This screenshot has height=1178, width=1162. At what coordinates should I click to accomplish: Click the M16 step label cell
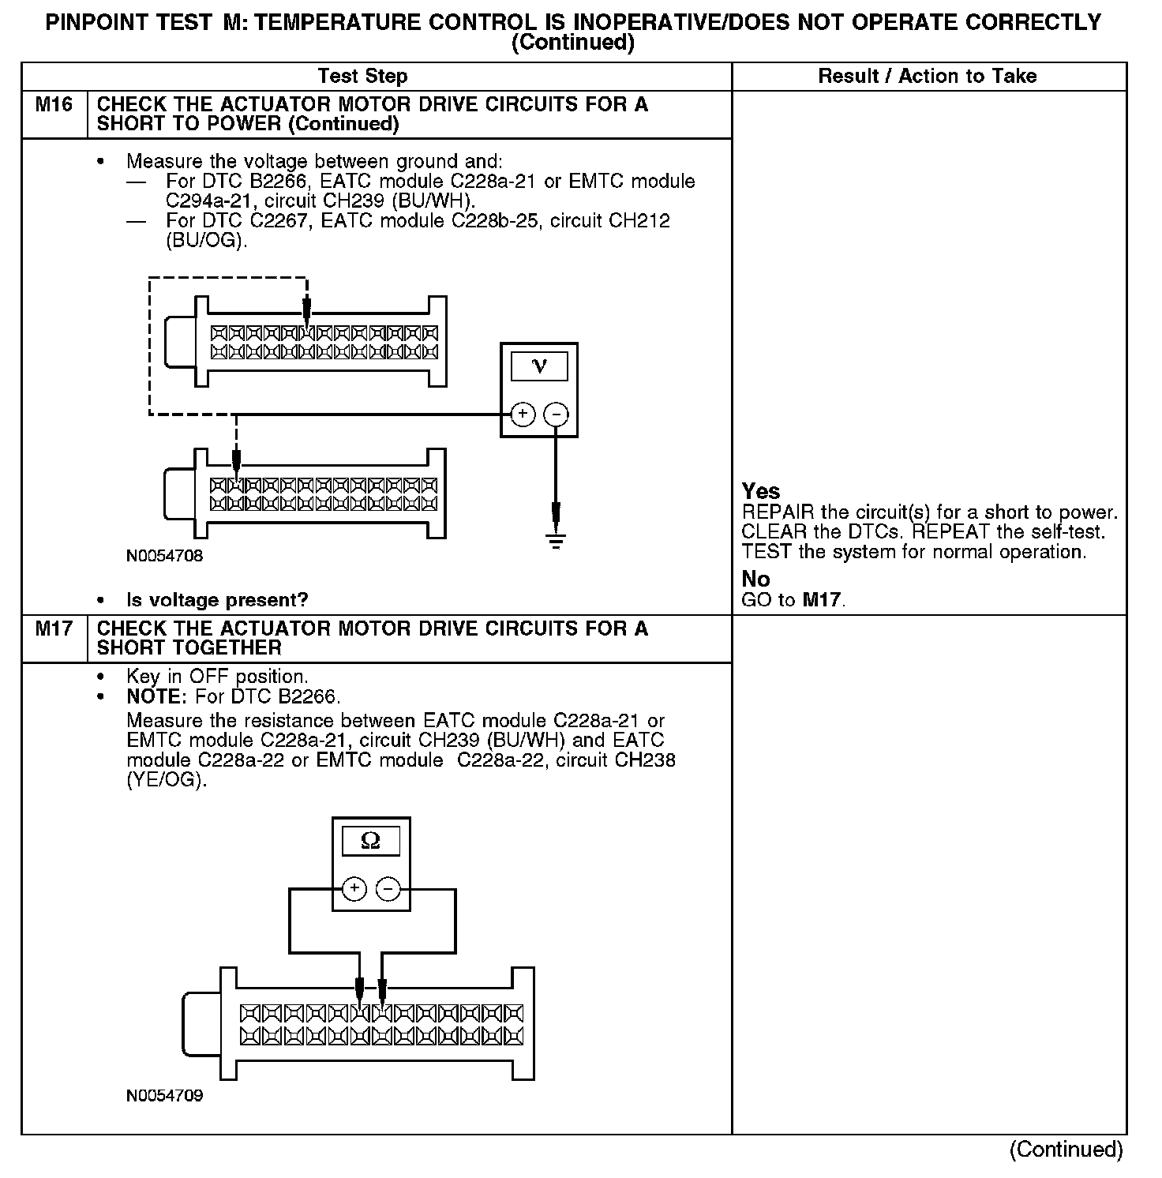pos(54,105)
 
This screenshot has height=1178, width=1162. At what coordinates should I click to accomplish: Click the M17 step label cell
pos(54,629)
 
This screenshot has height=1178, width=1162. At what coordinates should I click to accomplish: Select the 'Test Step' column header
pos(362,77)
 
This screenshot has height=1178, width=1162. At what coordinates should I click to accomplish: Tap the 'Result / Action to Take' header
pos(928,77)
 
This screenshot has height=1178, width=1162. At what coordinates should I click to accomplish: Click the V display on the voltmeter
pos(539,366)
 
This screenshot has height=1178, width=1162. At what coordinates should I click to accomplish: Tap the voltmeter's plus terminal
pos(523,415)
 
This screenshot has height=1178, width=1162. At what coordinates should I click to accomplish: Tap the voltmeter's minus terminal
pos(557,415)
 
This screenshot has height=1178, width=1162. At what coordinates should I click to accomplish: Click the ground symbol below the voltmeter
pos(557,541)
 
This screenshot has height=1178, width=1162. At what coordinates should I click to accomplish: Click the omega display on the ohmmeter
pos(370,842)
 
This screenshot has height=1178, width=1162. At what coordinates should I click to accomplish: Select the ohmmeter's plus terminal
pos(354,889)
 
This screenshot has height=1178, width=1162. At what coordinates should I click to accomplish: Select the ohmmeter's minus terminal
pos(388,889)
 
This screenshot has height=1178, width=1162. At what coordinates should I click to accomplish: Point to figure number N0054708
pos(164,556)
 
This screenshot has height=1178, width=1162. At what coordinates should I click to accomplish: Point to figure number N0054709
pos(164,1096)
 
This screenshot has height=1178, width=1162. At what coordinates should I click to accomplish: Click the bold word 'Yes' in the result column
pos(761,491)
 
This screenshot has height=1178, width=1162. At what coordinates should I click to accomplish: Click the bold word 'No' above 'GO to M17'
pos(755,579)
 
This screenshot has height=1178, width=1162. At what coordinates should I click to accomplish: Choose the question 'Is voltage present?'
pos(217,600)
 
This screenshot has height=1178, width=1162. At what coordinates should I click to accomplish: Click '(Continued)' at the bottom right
pos(1066,1150)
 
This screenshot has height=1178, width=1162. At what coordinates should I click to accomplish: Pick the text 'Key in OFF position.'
pos(217,677)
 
